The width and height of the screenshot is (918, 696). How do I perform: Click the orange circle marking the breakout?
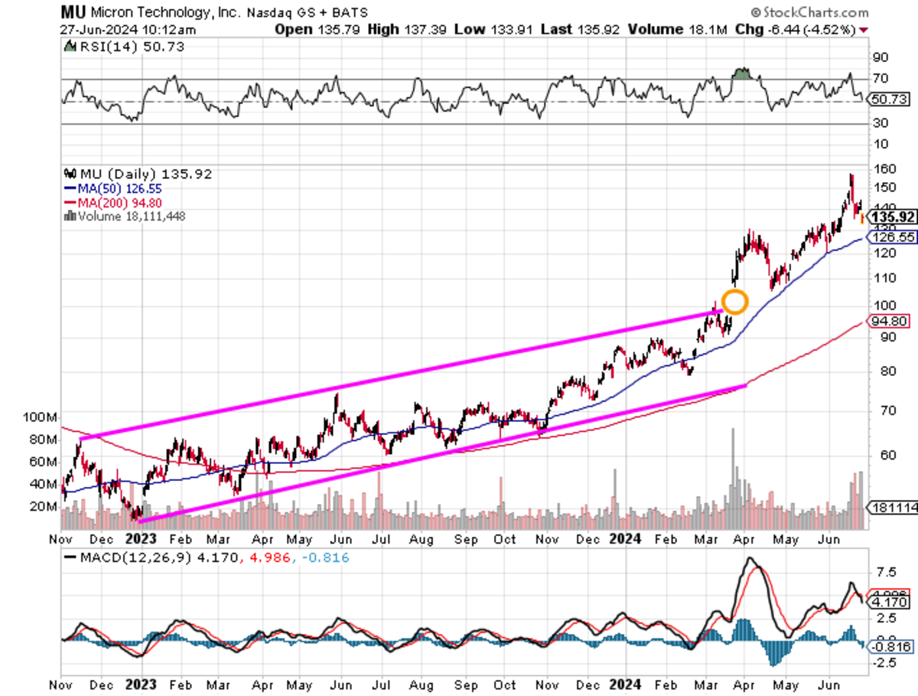(734, 302)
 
